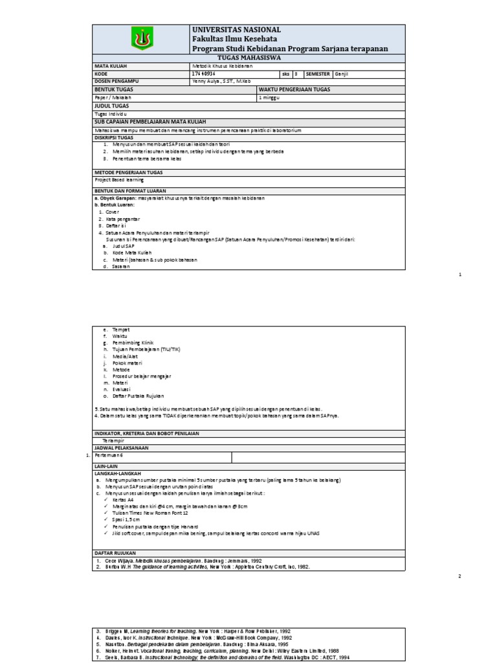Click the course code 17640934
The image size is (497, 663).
pos(205,74)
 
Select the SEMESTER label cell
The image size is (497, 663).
pos(318,74)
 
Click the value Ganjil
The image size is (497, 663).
pos(342,74)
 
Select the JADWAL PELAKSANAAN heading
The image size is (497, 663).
pos(122,447)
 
